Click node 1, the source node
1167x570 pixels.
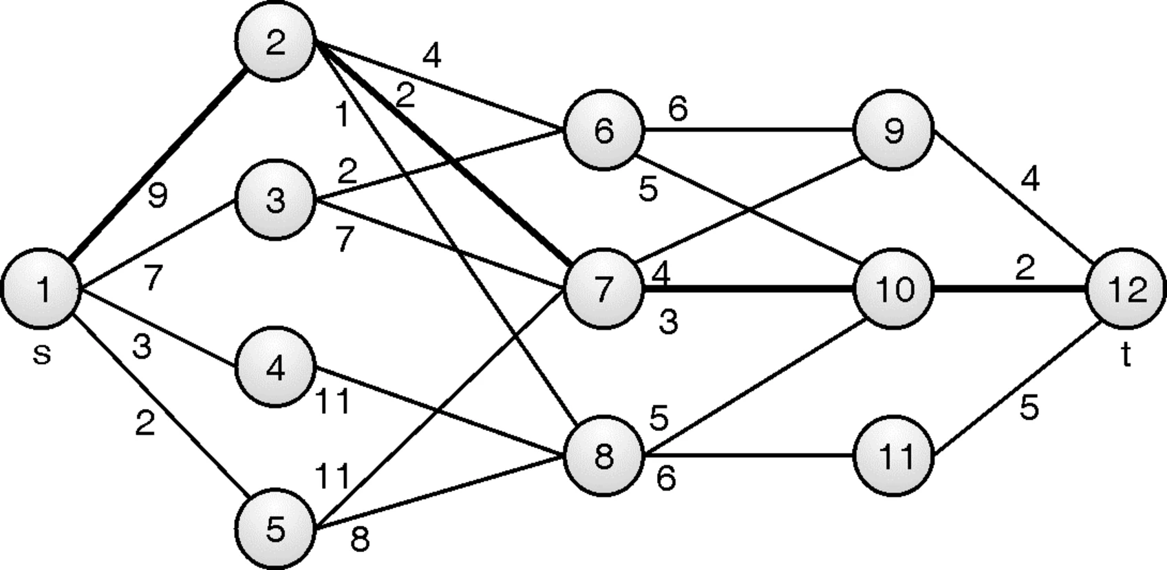pyautogui.click(x=42, y=288)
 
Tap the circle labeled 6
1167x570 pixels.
pyautogui.click(x=603, y=130)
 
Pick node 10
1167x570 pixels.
pyautogui.click(x=893, y=288)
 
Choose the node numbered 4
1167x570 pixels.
pyautogui.click(x=275, y=368)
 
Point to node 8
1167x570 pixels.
pyautogui.click(x=603, y=456)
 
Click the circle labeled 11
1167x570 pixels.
pyautogui.click(x=893, y=456)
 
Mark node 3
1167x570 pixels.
pyautogui.click(x=275, y=200)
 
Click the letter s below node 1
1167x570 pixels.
pyautogui.click(x=42, y=355)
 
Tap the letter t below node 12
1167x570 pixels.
pyautogui.click(x=1126, y=356)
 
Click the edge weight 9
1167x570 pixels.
pyautogui.click(x=158, y=196)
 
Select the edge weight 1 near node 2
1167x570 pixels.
pyautogui.click(x=342, y=115)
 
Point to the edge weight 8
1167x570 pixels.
pyautogui.click(x=360, y=540)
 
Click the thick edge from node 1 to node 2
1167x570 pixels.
pyautogui.click(x=158, y=164)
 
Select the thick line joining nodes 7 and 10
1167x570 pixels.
pyautogui.click(x=748, y=288)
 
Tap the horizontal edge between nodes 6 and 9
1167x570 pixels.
pyautogui.click(x=748, y=130)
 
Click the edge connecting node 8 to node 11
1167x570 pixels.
pyautogui.click(x=748, y=456)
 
